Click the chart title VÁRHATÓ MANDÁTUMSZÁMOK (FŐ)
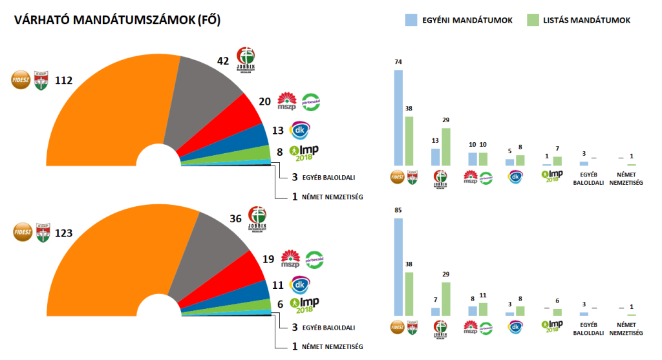[x=117, y=21]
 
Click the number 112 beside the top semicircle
[x=63, y=81]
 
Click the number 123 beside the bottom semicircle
[x=63, y=231]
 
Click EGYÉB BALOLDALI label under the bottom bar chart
[x=588, y=329]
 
